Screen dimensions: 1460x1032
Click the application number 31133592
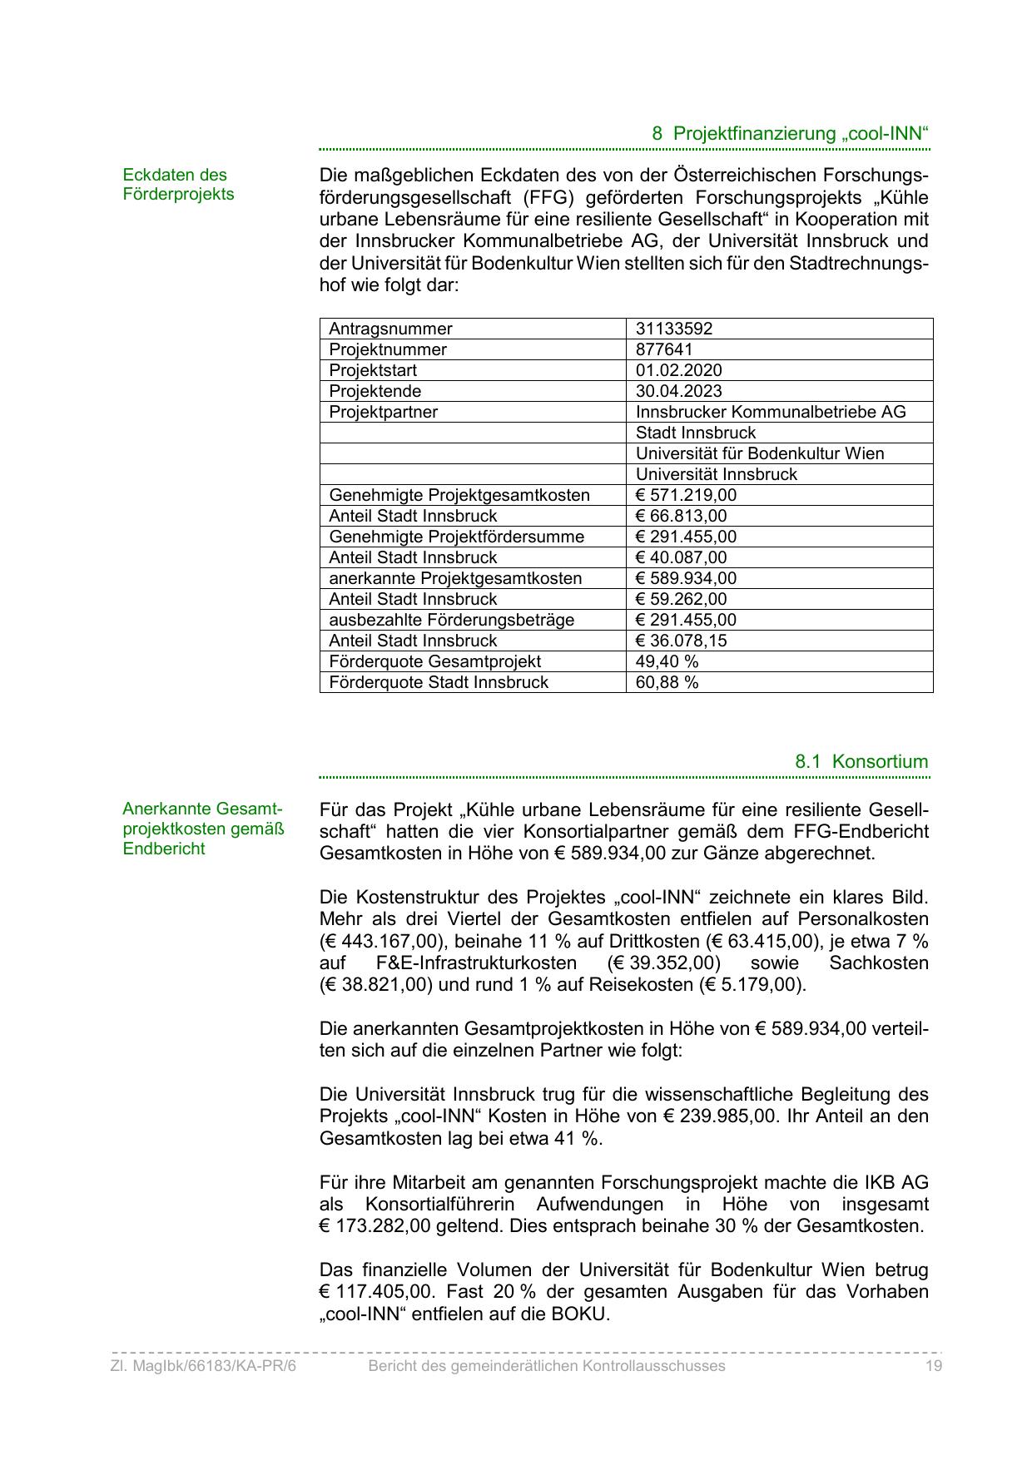[x=673, y=329]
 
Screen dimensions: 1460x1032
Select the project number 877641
[x=663, y=349]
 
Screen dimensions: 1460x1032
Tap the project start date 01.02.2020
[x=678, y=370]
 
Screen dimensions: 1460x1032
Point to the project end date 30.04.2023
[x=678, y=391]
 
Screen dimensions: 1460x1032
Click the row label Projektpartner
[x=383, y=412]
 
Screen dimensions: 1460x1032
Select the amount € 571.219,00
[x=686, y=495]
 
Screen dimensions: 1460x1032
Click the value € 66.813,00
[x=681, y=516]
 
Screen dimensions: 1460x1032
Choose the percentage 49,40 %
[x=667, y=661]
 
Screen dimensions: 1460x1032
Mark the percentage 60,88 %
[x=667, y=682]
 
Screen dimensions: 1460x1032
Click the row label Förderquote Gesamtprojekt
[x=434, y=661]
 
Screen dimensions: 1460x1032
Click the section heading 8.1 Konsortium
[x=861, y=761]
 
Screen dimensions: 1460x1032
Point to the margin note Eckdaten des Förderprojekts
[x=178, y=185]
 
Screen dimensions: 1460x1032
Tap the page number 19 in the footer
[x=933, y=1366]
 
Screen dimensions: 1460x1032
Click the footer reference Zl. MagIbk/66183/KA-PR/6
[x=203, y=1366]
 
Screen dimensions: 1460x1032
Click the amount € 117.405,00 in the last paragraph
[x=377, y=1293]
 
